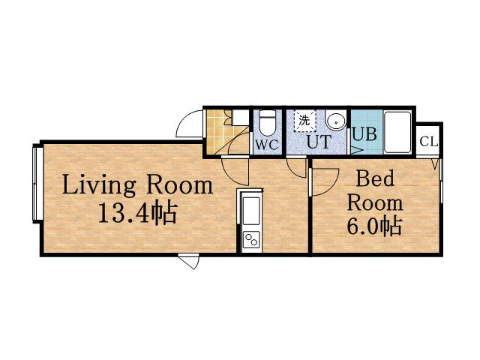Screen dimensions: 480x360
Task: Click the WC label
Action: pos(267,144)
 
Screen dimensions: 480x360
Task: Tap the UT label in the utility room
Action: pos(319,142)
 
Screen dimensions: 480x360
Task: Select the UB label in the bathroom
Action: pos(364,133)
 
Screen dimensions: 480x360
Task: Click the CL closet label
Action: pos(428,142)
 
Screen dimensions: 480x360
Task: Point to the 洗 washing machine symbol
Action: pos(304,121)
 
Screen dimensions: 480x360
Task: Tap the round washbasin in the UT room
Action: pos(336,121)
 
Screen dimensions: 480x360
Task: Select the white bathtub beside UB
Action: pos(397,132)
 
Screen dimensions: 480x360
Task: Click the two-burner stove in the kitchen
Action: pos(251,240)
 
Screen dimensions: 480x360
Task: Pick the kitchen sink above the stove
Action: pos(251,211)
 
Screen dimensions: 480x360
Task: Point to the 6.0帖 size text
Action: pos(374,226)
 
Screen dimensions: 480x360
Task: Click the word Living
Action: pos(99,184)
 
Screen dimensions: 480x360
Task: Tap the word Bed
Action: pos(375,178)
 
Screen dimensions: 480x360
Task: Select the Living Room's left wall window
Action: pos(37,184)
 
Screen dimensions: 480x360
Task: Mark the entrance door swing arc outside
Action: pos(184,121)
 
